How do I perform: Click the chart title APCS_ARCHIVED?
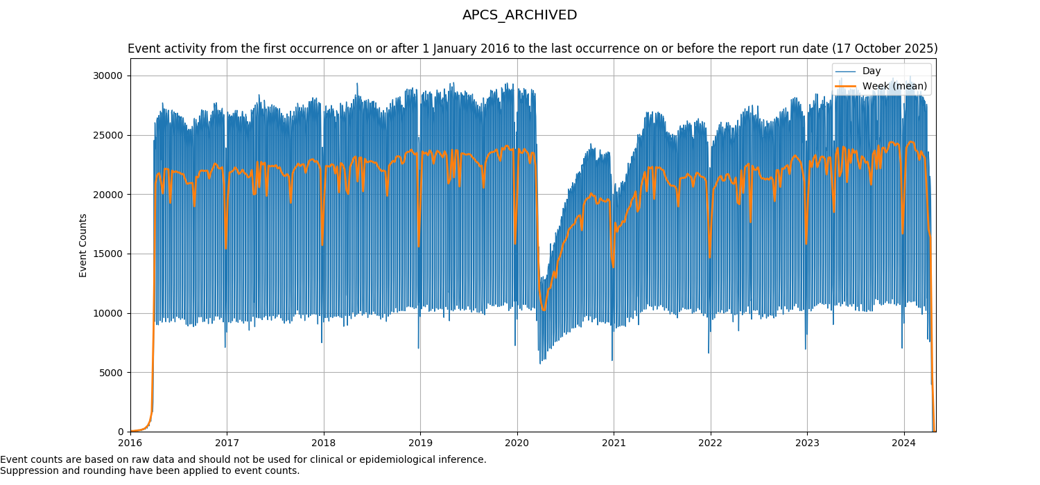tap(519, 15)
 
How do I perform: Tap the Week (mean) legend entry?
tap(894, 86)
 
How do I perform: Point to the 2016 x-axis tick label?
tap(130, 442)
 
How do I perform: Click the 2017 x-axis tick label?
tap(227, 442)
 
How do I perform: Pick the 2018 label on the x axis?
tap(323, 442)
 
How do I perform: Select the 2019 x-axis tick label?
tap(420, 442)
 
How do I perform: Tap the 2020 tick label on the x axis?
tap(517, 442)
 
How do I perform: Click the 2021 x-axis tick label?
tap(614, 442)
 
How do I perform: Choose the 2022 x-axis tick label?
tap(710, 442)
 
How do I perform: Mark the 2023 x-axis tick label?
tap(806, 442)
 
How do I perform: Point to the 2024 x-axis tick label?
tap(903, 442)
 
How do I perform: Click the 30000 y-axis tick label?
tap(108, 76)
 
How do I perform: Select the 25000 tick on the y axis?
tap(108, 135)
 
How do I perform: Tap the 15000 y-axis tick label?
tap(108, 254)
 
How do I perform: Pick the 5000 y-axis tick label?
tap(111, 373)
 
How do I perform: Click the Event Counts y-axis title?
tap(83, 245)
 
